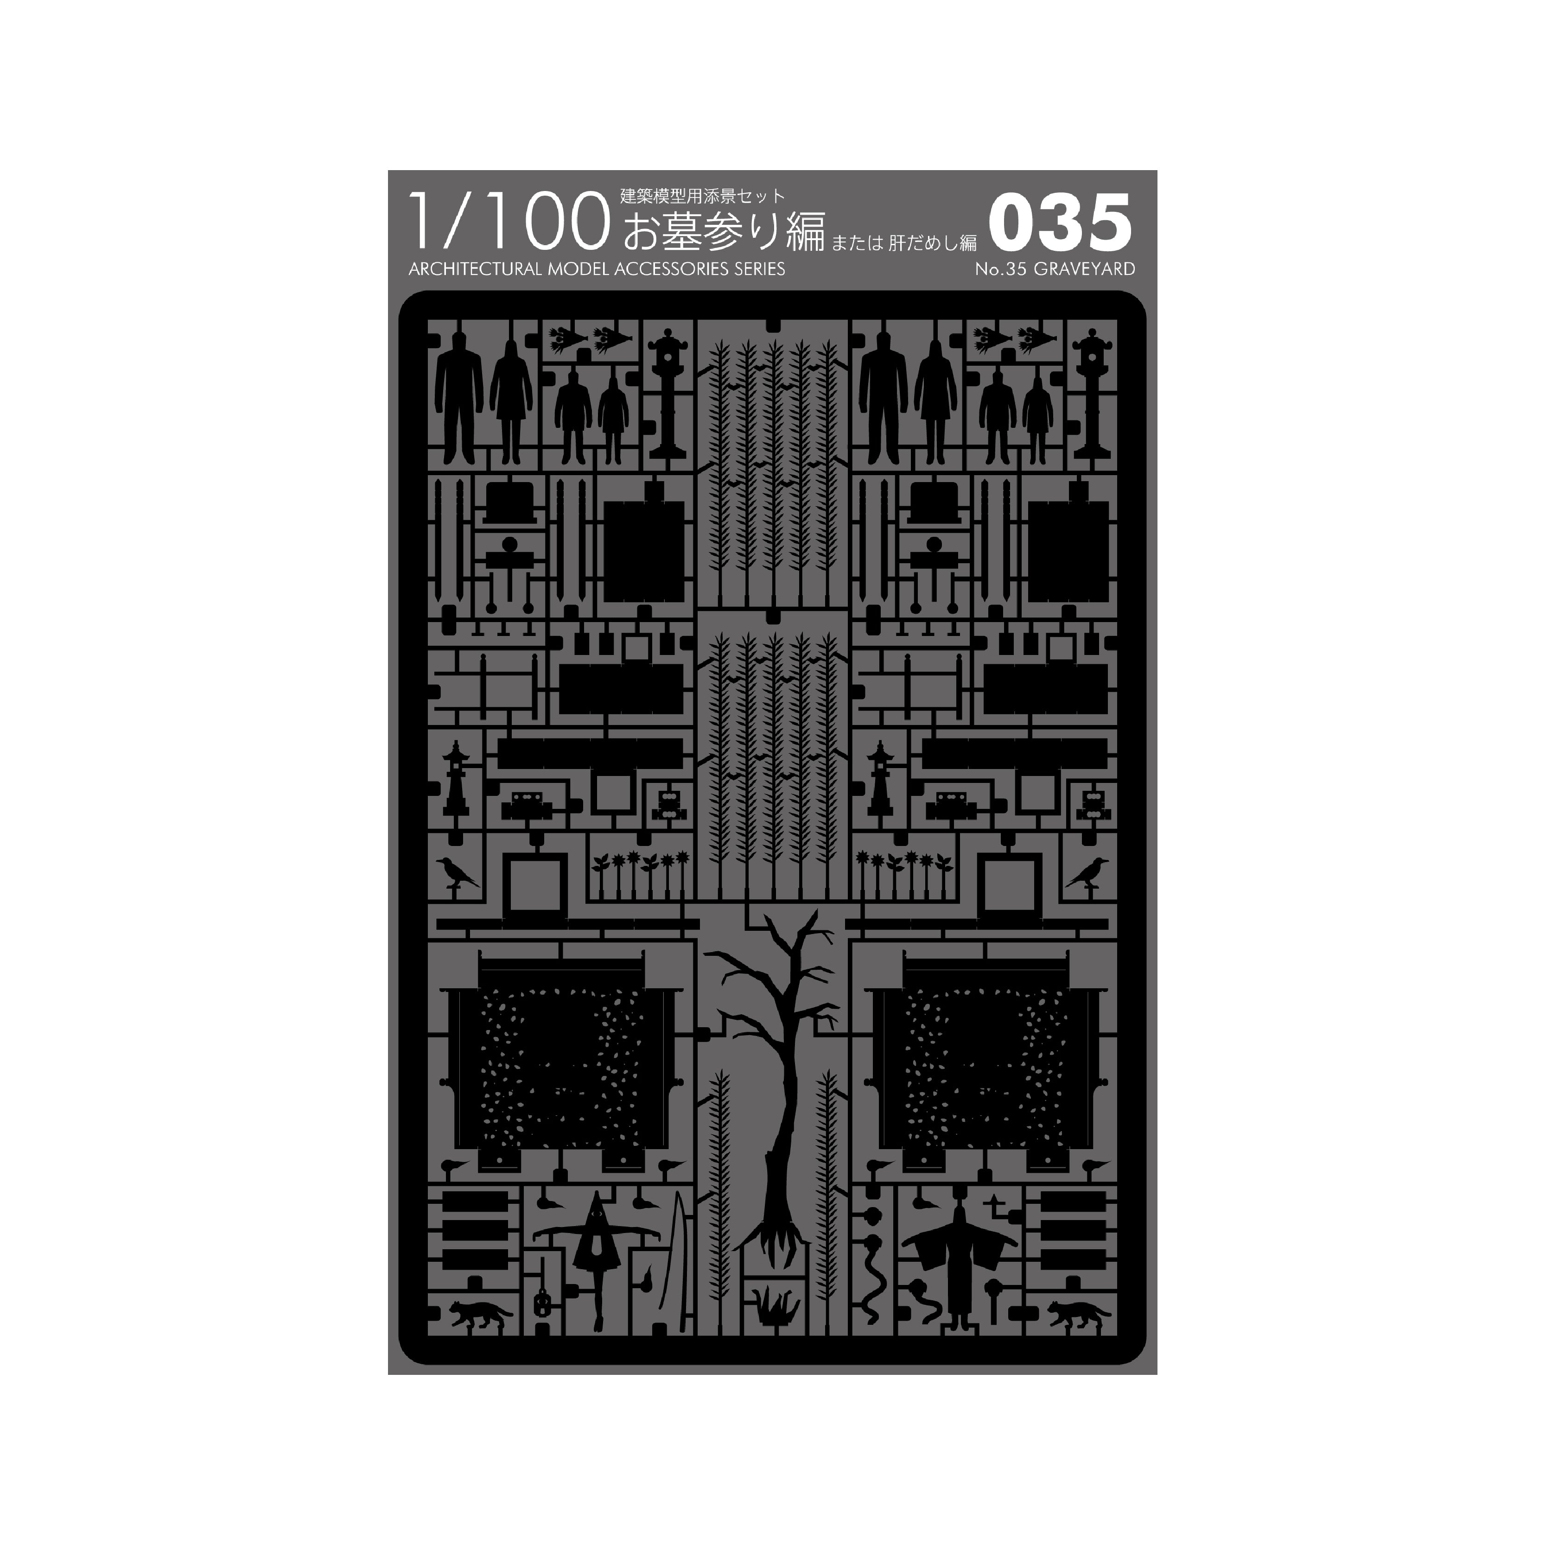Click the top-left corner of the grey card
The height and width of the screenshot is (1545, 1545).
tap(388, 170)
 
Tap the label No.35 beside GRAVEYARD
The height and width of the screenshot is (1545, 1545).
tap(1002, 269)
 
